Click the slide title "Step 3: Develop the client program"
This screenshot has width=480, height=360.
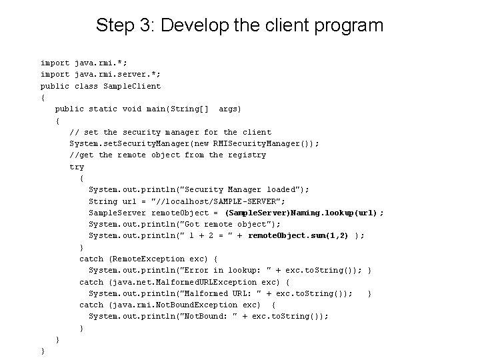[x=239, y=26]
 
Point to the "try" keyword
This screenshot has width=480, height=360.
[x=77, y=167]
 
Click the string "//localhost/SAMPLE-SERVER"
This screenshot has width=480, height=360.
[x=220, y=201]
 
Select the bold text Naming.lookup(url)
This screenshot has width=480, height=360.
[x=339, y=213]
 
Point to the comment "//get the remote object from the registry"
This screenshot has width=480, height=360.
[x=168, y=155]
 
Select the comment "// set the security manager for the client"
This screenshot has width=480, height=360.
[x=171, y=132]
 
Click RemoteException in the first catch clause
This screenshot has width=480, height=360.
[x=148, y=259]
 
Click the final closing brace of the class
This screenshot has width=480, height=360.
[x=43, y=351]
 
